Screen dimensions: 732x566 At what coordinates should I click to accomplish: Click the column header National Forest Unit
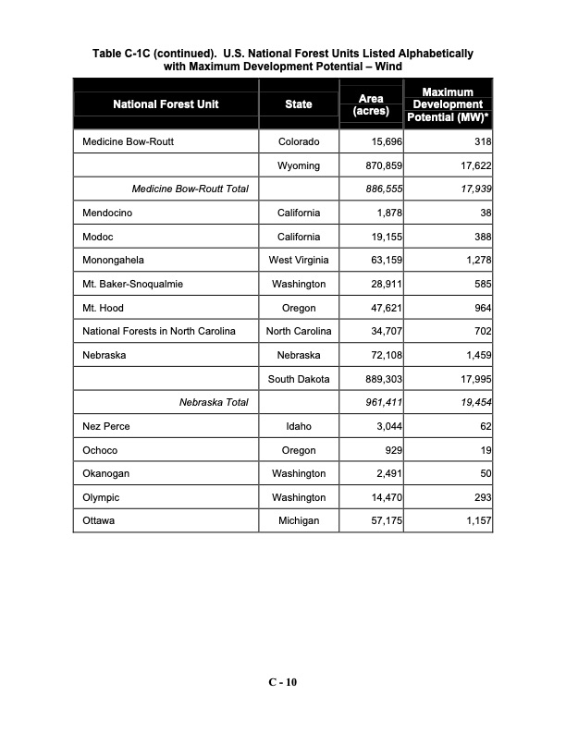click(166, 104)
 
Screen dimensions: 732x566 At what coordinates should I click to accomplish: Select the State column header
click(299, 104)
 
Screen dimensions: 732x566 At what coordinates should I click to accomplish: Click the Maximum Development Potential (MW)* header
click(448, 104)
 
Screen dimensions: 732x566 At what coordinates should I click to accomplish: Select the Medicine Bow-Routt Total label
click(191, 189)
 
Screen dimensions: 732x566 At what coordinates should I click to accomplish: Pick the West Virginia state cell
click(299, 261)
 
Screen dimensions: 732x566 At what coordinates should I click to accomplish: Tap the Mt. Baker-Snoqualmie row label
click(126, 285)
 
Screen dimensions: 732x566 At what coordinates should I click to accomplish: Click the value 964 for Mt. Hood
click(480, 308)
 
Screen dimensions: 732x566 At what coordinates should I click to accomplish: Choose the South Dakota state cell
click(299, 379)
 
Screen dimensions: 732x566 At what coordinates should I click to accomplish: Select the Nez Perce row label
click(104, 426)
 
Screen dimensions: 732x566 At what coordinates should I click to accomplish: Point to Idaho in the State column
click(299, 426)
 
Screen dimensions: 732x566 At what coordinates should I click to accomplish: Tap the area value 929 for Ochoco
click(391, 450)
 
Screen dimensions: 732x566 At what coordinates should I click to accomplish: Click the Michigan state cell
click(299, 521)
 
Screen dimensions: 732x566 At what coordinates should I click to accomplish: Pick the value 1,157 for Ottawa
click(474, 521)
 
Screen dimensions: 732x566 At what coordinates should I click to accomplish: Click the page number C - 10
click(283, 682)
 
